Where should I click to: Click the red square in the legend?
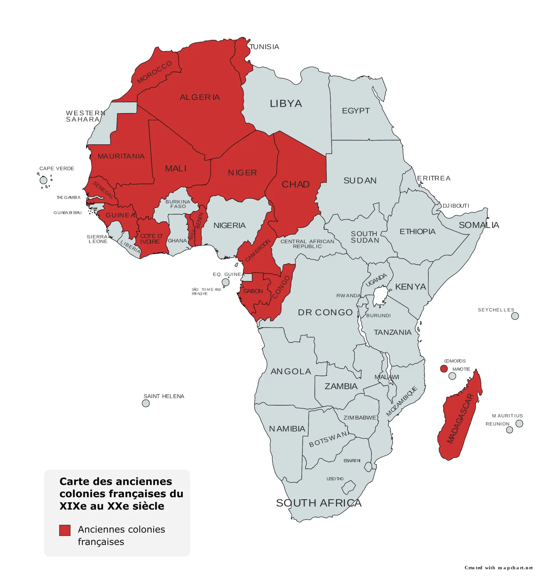pyautogui.click(x=65, y=530)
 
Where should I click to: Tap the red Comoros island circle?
pyautogui.click(x=444, y=369)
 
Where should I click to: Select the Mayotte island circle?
pyautogui.click(x=452, y=376)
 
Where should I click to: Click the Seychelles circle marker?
pyautogui.click(x=515, y=316)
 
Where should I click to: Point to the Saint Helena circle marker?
pyautogui.click(x=146, y=403)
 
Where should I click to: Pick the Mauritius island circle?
pyautogui.click(x=519, y=423)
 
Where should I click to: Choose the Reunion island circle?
pyautogui.click(x=509, y=430)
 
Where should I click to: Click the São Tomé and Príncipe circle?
pyautogui.click(x=225, y=282)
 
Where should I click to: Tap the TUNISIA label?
pyautogui.click(x=264, y=47)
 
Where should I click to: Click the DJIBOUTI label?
pyautogui.click(x=456, y=206)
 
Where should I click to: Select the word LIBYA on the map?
pyautogui.click(x=286, y=103)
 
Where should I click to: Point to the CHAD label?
pyautogui.click(x=295, y=184)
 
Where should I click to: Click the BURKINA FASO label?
pyautogui.click(x=178, y=204)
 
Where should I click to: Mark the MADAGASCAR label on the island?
pyautogui.click(x=460, y=418)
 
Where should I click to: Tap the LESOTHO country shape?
pyautogui.click(x=348, y=487)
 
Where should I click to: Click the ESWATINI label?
pyautogui.click(x=352, y=460)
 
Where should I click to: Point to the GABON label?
pyautogui.click(x=253, y=291)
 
